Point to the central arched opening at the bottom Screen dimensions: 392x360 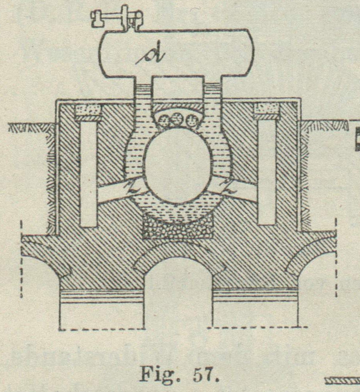point(178,292)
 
